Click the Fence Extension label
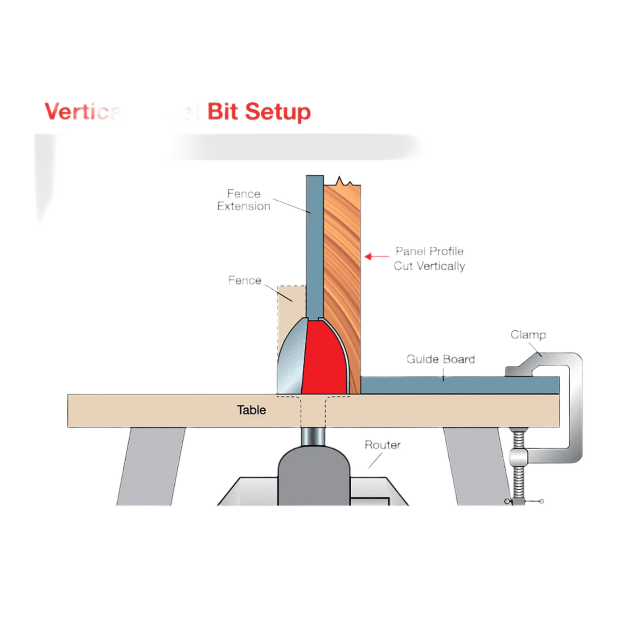(x=244, y=200)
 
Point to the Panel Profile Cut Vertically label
(x=429, y=258)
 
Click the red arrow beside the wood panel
(x=376, y=256)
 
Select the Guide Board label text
(x=440, y=359)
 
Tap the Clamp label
(x=528, y=335)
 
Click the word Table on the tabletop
(x=251, y=410)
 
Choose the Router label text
(x=382, y=445)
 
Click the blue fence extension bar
(x=315, y=245)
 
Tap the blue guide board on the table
(x=459, y=385)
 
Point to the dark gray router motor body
(x=313, y=477)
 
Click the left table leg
(x=152, y=466)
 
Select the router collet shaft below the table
(x=313, y=436)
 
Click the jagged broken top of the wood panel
(x=342, y=182)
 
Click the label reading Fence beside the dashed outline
(x=245, y=280)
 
